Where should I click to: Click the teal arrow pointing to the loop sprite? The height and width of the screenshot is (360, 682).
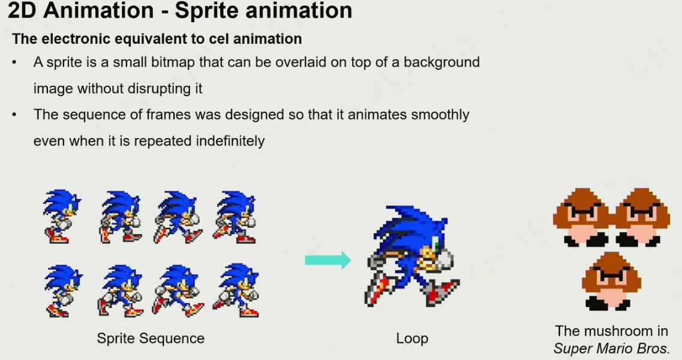coord(328,260)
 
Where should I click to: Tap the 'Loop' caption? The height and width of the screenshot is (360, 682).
coord(412,338)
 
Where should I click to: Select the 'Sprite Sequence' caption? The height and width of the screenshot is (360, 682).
coord(151,338)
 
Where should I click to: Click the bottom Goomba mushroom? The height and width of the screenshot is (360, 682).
coord(612,281)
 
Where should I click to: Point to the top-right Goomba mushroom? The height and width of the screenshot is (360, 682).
coord(641,217)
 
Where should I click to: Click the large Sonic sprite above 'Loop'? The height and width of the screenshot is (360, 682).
coord(412,256)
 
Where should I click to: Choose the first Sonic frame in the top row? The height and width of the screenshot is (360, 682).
coord(62,216)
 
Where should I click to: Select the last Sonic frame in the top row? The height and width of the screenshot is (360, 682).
coord(235,217)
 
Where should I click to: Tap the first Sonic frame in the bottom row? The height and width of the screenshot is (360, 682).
coord(64,291)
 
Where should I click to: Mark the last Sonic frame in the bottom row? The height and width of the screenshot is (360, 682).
coord(236,290)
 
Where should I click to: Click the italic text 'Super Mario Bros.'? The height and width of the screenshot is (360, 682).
coord(612,349)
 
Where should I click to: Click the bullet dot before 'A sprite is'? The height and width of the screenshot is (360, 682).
coord(14,62)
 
